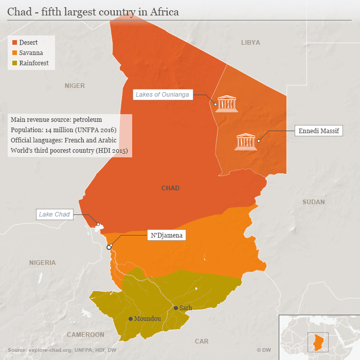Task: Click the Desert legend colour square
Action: pyautogui.click(x=15, y=42)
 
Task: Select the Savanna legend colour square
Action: pyautogui.click(x=15, y=52)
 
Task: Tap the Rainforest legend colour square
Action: pyautogui.click(x=15, y=63)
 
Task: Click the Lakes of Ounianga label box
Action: pyautogui.click(x=163, y=94)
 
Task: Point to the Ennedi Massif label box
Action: pyautogui.click(x=319, y=131)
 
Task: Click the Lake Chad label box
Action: pyautogui.click(x=54, y=214)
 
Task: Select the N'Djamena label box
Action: pyautogui.click(x=166, y=236)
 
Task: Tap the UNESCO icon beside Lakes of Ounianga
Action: pyautogui.click(x=227, y=103)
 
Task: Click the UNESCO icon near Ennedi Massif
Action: pyautogui.click(x=245, y=141)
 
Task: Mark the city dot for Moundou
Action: pyautogui.click(x=130, y=319)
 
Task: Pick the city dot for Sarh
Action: pyautogui.click(x=175, y=308)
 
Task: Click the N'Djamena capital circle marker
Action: pyautogui.click(x=109, y=247)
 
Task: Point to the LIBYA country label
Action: pyautogui.click(x=250, y=43)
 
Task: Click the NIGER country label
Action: pyautogui.click(x=75, y=86)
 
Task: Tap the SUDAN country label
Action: pyautogui.click(x=313, y=202)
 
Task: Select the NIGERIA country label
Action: pyautogui.click(x=42, y=263)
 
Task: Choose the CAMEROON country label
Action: pyautogui.click(x=85, y=335)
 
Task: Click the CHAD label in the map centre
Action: pyautogui.click(x=170, y=188)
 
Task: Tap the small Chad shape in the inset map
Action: pyautogui.click(x=319, y=340)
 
